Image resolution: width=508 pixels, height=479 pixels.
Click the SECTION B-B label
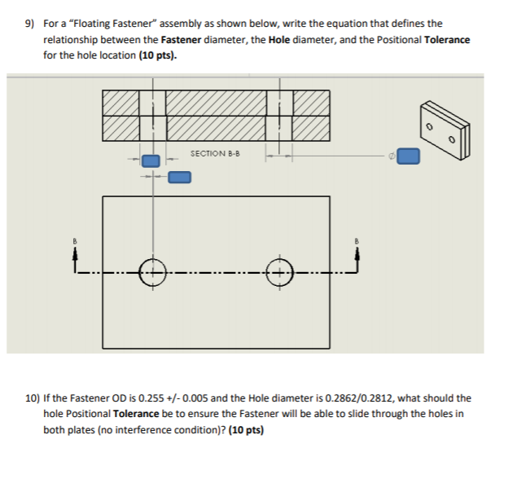click(215, 153)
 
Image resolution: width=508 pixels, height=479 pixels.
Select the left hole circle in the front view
click(151, 272)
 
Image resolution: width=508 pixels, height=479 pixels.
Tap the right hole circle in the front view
click(279, 272)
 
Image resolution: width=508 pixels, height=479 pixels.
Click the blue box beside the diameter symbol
click(409, 156)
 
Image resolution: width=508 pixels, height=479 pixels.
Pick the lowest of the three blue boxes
click(179, 176)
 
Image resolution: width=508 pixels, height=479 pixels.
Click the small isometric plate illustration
click(444, 131)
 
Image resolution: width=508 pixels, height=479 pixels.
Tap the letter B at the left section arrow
click(73, 241)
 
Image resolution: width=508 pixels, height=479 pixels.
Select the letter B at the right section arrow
click(356, 241)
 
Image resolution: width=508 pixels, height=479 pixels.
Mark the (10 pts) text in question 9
click(156, 55)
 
